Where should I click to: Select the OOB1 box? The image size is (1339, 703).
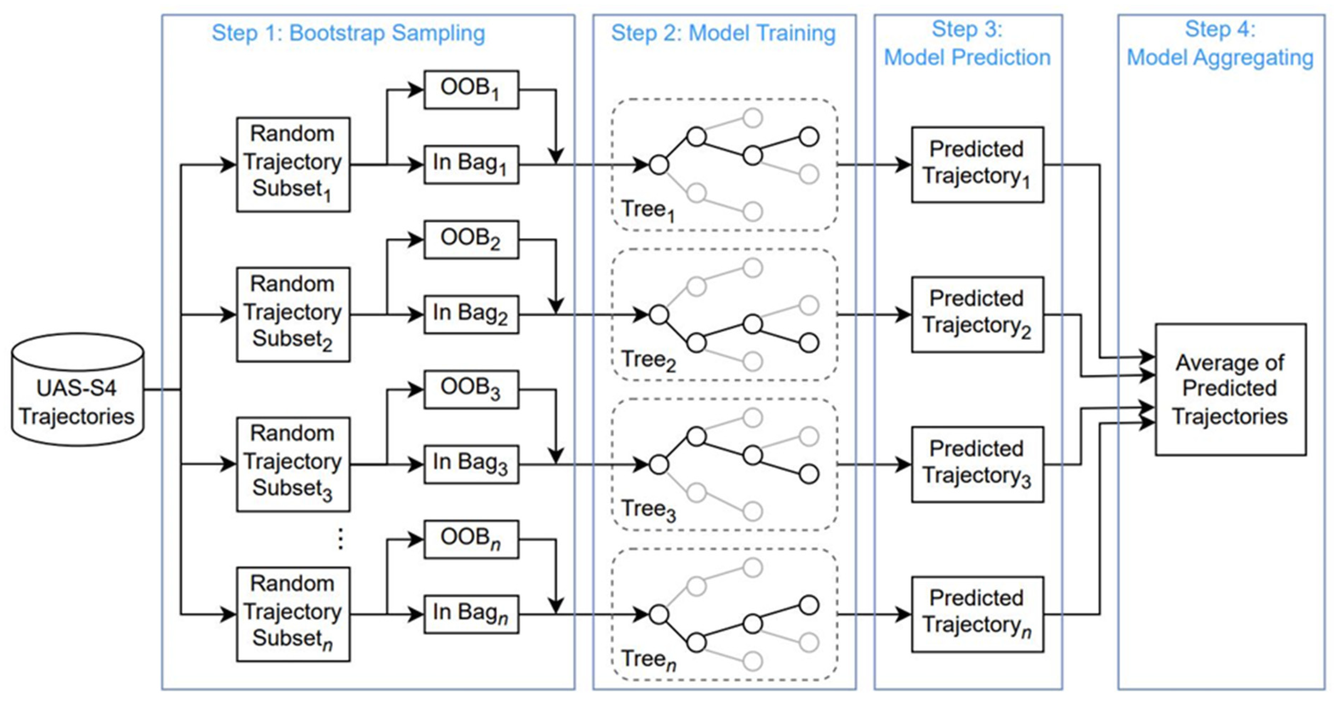[471, 89]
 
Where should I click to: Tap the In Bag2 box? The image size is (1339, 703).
[471, 314]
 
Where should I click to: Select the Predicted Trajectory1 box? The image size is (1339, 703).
[977, 164]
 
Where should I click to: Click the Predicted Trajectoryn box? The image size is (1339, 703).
[977, 614]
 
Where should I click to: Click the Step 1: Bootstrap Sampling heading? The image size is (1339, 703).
[348, 33]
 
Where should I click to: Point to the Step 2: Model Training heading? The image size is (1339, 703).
[723, 33]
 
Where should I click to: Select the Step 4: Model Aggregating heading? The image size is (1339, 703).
[1220, 44]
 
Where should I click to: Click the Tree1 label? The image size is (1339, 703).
[648, 210]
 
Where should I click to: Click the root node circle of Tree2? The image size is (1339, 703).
[659, 314]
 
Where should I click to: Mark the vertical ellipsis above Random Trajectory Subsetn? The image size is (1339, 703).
[341, 539]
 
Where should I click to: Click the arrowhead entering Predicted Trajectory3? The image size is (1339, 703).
[904, 464]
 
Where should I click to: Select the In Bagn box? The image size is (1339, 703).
[471, 614]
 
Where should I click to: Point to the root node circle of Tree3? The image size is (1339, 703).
[659, 464]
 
